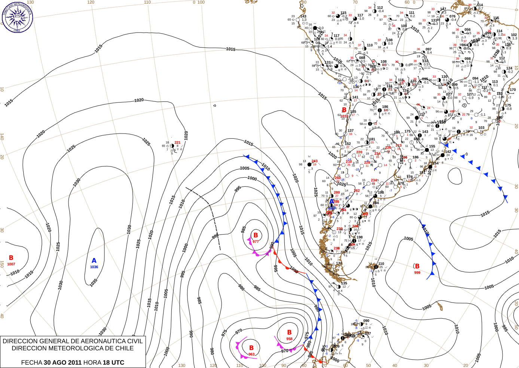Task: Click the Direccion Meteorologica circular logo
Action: tap(18, 17)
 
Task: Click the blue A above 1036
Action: tap(94, 261)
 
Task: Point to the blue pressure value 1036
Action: tap(94, 267)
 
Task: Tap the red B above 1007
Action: tap(11, 258)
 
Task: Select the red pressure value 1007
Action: tap(11, 264)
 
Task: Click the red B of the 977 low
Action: tap(256, 235)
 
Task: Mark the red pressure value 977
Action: tap(256, 242)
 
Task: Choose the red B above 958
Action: tap(289, 332)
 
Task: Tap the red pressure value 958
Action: tap(289, 339)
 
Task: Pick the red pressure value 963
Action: tap(251, 354)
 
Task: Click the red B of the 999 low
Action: tap(417, 266)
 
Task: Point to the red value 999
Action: tap(417, 273)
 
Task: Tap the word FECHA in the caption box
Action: tap(31, 362)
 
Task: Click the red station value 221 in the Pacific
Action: tap(177, 142)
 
